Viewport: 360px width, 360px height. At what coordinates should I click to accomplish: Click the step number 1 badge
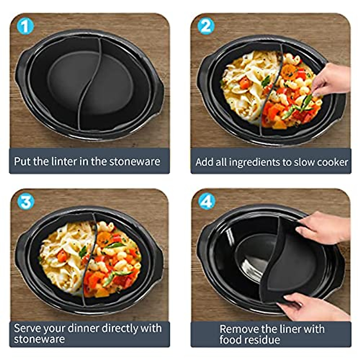pyautogui.click(x=25, y=27)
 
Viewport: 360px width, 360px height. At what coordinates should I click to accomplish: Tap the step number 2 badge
pyautogui.click(x=206, y=27)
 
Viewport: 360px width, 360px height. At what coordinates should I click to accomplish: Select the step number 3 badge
pyautogui.click(x=26, y=202)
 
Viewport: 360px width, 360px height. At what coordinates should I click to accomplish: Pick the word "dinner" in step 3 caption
pyautogui.click(x=83, y=328)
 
